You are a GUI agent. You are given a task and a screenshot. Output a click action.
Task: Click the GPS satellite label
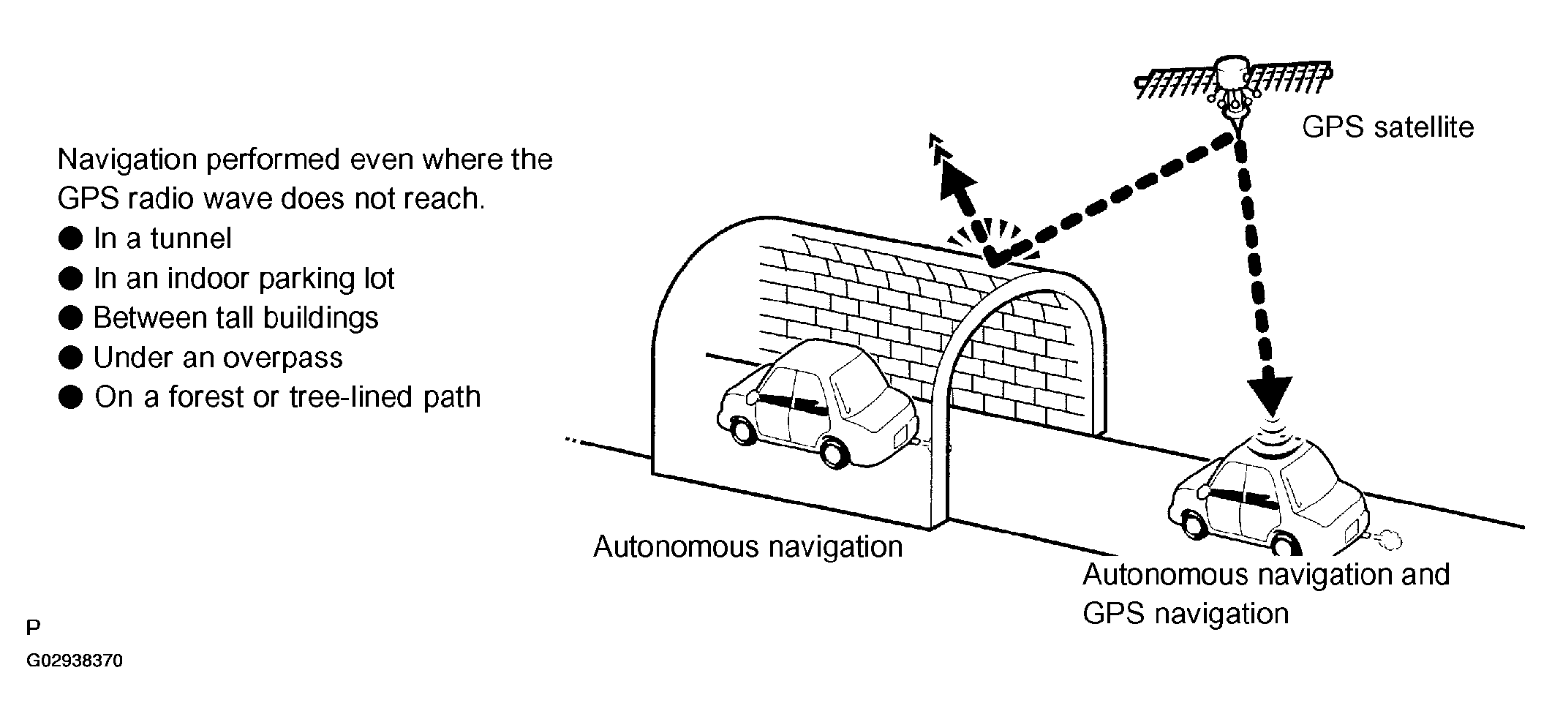pyautogui.click(x=1387, y=127)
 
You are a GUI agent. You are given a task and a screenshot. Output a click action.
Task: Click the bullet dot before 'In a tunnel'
pyautogui.click(x=70, y=238)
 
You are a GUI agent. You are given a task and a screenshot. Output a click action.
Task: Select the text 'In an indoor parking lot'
pyautogui.click(x=244, y=279)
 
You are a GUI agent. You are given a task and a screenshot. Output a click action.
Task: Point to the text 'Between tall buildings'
pyautogui.click(x=236, y=318)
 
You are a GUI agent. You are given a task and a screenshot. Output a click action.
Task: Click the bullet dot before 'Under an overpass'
pyautogui.click(x=70, y=358)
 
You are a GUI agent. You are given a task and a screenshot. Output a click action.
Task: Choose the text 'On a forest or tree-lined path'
pyautogui.click(x=288, y=397)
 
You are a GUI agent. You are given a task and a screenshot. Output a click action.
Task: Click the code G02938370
pyautogui.click(x=75, y=661)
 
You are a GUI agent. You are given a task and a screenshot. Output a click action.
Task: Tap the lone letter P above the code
pyautogui.click(x=33, y=628)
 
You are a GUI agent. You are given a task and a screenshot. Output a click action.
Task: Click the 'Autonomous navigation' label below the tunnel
pyautogui.click(x=747, y=547)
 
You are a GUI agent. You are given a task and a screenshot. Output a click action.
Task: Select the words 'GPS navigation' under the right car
pyautogui.click(x=1185, y=613)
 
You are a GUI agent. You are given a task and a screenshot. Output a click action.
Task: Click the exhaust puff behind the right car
pyautogui.click(x=1389, y=540)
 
